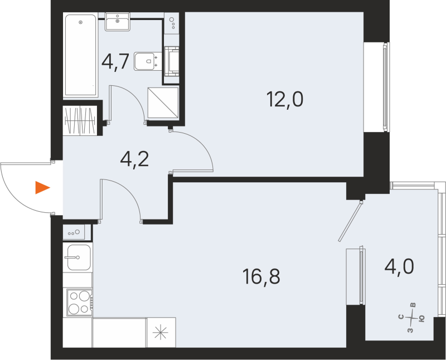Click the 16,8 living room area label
pos(261,275)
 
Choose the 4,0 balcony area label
pos(399,267)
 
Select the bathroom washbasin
pos(118,23)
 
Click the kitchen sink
pos(77,257)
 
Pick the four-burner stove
pos(79,303)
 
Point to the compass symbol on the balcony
pos(413,319)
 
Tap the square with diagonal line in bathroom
pos(163,102)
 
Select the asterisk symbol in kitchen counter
pos(161,333)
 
